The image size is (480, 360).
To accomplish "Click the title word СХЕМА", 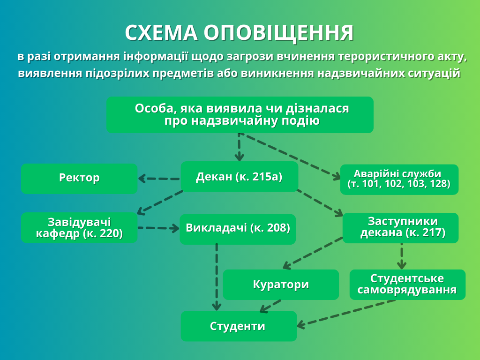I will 161,33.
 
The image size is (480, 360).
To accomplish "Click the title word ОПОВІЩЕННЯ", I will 278,33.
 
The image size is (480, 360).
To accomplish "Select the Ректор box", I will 79,178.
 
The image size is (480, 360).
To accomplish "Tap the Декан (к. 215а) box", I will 239,177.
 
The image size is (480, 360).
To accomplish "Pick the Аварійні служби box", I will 399,179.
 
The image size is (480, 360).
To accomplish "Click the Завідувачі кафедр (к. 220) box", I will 79,228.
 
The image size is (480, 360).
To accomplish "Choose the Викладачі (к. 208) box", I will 238,229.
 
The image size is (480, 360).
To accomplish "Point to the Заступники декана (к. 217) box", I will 401,228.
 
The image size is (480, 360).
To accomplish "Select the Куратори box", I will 280,285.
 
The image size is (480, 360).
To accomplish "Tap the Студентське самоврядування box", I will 407,285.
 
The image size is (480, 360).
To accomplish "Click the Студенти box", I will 238,326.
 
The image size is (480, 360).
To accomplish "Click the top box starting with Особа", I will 240,115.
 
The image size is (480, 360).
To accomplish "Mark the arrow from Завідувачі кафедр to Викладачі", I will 158,228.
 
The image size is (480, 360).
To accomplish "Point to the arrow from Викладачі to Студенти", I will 216,277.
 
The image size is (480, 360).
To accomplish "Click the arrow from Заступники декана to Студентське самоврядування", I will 402,256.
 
